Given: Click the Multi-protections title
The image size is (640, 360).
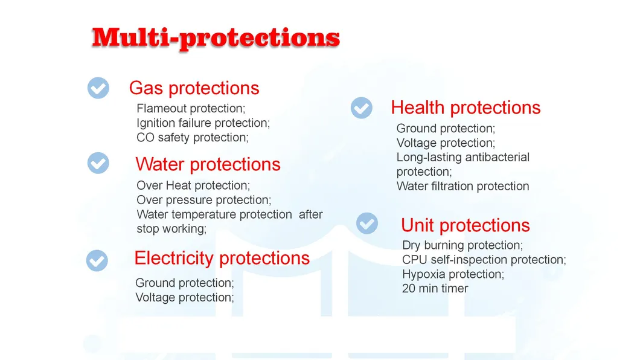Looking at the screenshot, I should [x=216, y=37].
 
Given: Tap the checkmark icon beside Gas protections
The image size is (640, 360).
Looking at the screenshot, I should [x=98, y=88].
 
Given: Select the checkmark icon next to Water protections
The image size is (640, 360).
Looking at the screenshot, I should [x=98, y=163].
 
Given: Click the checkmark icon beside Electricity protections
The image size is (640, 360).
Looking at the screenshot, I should [x=97, y=260].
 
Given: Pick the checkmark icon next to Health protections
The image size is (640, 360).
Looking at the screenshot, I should [x=361, y=108].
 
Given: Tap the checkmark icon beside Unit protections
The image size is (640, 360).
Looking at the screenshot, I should [x=366, y=223].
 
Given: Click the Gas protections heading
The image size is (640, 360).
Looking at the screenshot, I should [x=194, y=88].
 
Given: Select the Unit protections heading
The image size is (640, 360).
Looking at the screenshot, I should [x=465, y=225].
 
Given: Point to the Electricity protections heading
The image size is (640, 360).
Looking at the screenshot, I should [x=222, y=258].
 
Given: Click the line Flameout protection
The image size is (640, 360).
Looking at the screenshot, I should [x=191, y=109].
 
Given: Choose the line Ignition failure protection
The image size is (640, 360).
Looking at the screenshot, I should [x=203, y=123].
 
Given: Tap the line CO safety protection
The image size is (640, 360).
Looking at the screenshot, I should [x=192, y=138].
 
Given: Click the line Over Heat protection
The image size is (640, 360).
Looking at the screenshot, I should [x=193, y=185].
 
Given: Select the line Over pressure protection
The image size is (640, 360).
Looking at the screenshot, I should [x=203, y=200].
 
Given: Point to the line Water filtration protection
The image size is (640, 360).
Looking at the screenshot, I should [x=462, y=187].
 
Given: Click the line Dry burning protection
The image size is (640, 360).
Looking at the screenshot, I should [x=462, y=245].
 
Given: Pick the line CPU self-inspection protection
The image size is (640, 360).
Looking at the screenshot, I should [x=484, y=260].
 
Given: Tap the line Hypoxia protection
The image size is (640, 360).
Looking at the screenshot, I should [x=453, y=274].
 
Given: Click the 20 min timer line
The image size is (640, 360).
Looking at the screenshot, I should [x=435, y=289].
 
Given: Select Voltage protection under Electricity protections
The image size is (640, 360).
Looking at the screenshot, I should [x=184, y=297].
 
